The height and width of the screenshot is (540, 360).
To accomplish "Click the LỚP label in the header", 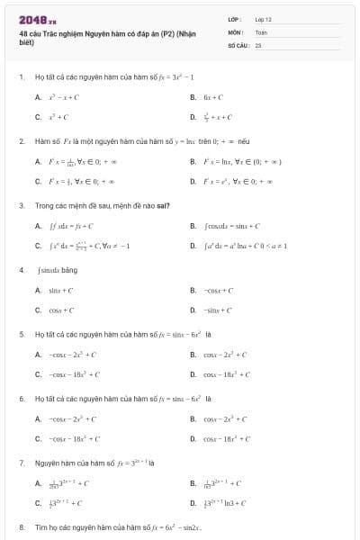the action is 234,19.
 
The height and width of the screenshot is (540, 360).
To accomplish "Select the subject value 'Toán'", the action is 261,31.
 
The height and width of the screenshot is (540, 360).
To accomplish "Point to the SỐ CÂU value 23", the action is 258,44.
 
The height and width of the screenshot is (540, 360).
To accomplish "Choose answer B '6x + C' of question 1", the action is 212,97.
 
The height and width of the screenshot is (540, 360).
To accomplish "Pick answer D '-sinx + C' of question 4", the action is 216,310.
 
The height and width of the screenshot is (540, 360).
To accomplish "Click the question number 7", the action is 21,462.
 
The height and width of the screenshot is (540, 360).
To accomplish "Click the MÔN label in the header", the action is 234,31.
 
